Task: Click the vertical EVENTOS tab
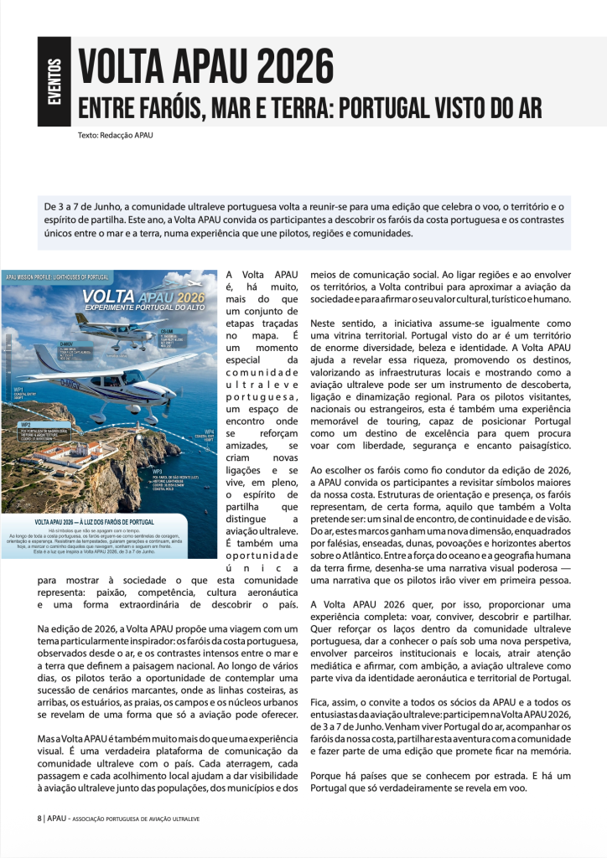(x=54, y=83)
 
